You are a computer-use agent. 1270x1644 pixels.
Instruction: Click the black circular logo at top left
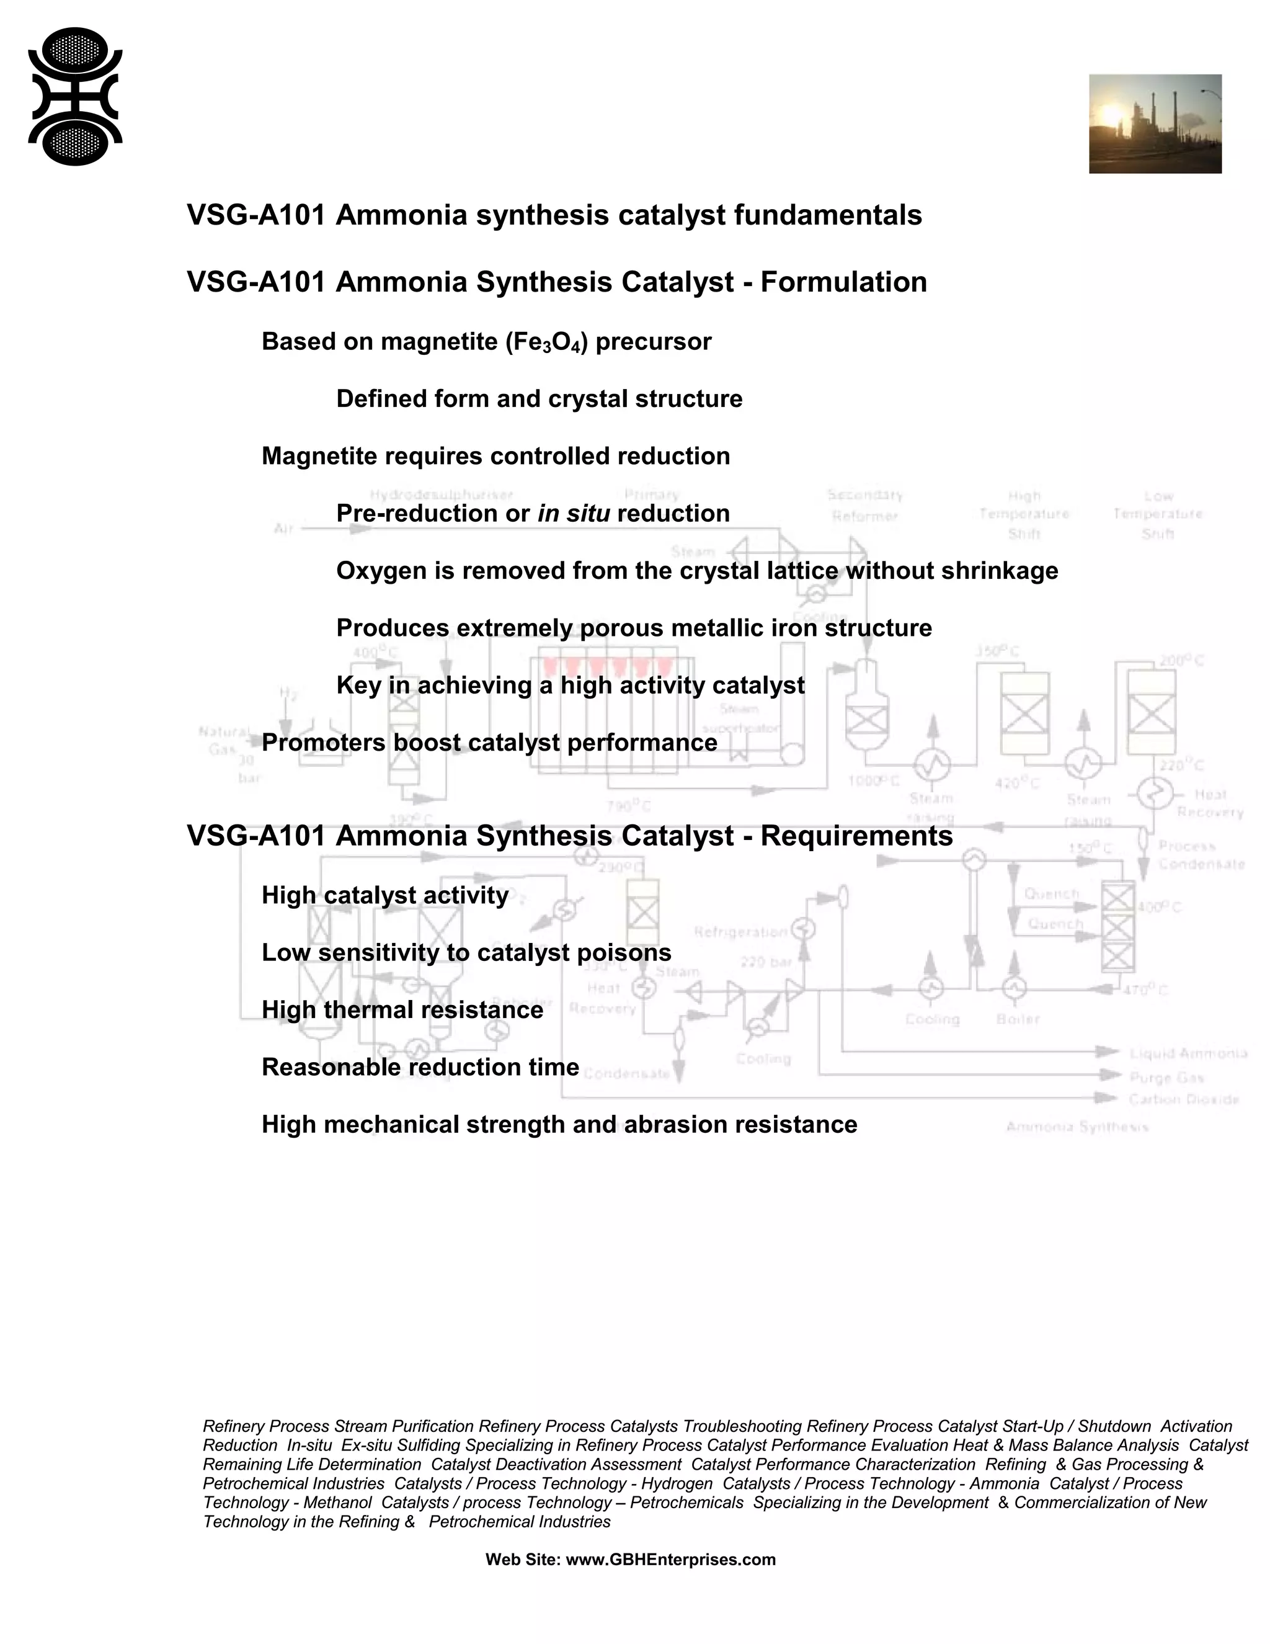(75, 96)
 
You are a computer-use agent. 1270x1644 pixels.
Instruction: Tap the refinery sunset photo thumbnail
(1155, 124)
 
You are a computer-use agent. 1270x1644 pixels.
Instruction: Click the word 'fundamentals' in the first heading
(828, 215)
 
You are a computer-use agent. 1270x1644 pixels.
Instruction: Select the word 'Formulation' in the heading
(843, 282)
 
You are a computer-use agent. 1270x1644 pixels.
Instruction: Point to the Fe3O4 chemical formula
(546, 342)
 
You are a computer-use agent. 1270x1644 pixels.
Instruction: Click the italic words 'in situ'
(574, 514)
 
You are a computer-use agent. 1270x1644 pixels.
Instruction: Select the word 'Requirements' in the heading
(856, 836)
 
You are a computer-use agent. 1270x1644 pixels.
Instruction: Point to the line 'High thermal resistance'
(402, 1010)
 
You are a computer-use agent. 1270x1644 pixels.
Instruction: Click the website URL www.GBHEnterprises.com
(670, 1560)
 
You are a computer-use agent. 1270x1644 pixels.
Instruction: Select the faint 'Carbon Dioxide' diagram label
(1183, 1100)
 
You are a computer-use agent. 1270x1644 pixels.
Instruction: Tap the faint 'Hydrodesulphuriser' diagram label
(442, 494)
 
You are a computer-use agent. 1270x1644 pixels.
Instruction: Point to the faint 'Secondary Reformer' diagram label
(864, 505)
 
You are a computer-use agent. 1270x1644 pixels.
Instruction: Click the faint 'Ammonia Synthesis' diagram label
(1077, 1127)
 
